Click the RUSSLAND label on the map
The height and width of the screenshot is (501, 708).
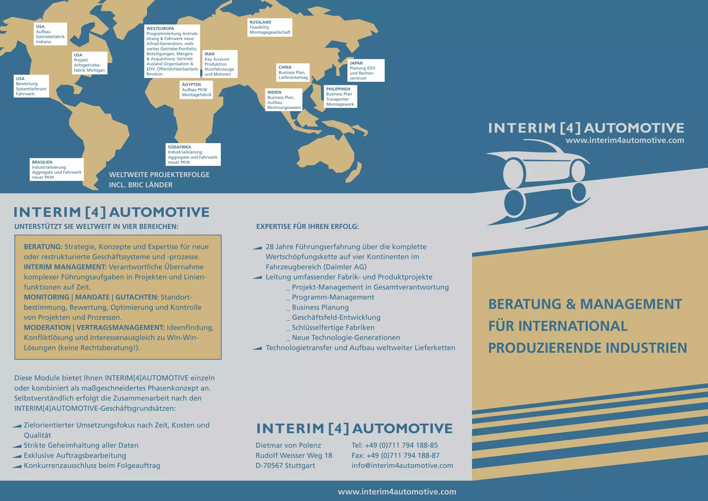260,22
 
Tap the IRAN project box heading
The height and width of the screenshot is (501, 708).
209,54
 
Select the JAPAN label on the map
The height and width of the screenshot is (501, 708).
356,63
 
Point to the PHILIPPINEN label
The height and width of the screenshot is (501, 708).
338,89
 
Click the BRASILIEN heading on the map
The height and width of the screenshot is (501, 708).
42,162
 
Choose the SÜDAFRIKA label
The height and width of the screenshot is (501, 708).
179,147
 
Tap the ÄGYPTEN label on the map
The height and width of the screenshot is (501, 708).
191,84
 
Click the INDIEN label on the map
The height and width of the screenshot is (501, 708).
274,92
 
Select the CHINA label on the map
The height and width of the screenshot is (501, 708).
285,67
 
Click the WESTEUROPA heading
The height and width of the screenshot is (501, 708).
160,28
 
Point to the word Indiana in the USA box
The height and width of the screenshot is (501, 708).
44,42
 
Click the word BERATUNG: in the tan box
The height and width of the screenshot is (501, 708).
43,247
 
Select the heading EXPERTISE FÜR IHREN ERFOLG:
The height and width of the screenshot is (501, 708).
307,227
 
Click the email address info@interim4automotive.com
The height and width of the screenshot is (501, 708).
402,465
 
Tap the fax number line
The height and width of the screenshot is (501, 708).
395,455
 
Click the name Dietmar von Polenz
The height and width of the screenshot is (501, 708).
288,445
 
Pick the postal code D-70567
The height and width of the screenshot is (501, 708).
269,465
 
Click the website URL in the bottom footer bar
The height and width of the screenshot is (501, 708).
397,492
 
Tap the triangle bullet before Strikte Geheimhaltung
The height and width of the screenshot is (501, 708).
17,446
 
